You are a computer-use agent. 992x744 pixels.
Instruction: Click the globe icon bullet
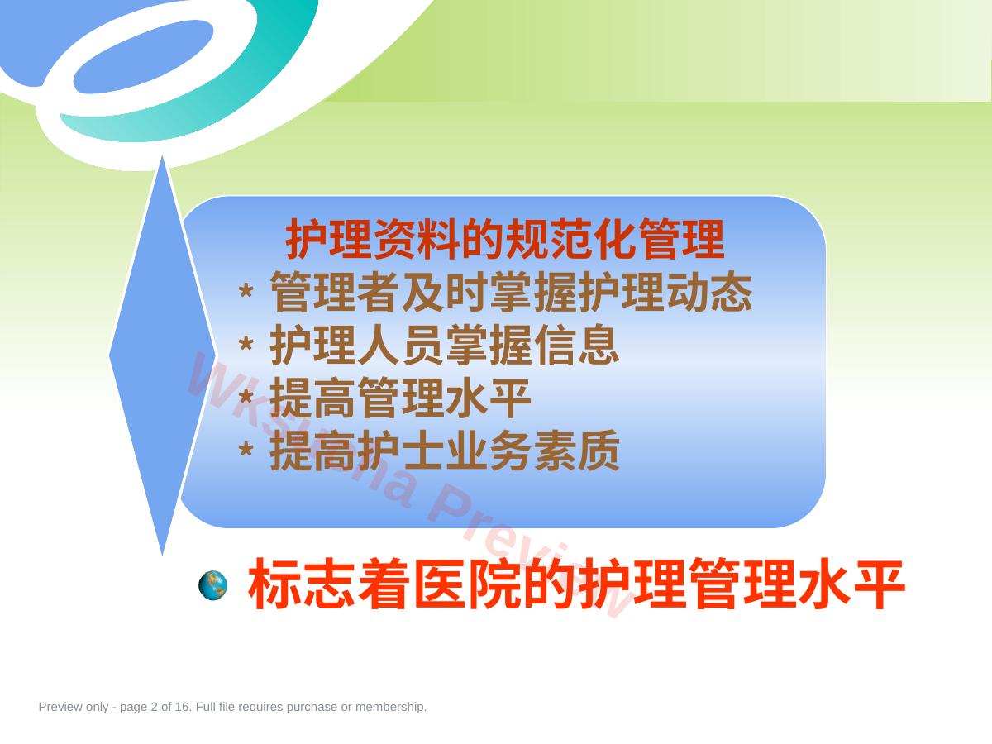(212, 585)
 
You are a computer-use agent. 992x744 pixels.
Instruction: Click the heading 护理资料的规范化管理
(505, 239)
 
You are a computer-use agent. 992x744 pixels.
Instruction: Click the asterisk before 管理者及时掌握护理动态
(246, 291)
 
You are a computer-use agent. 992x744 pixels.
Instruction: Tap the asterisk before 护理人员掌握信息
(246, 344)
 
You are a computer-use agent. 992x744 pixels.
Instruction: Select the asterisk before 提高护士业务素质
(246, 450)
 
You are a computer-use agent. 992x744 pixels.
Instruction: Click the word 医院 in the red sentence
(467, 584)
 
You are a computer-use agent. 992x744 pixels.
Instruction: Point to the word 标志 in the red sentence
(302, 584)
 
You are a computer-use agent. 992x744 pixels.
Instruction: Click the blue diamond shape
(163, 355)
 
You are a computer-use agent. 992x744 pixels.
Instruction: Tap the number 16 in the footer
(182, 707)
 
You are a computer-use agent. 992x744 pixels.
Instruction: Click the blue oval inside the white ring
(142, 56)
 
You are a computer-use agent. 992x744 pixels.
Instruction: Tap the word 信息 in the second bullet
(576, 345)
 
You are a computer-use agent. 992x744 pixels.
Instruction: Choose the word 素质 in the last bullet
(576, 451)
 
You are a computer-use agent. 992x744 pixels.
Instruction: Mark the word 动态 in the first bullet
(709, 293)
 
